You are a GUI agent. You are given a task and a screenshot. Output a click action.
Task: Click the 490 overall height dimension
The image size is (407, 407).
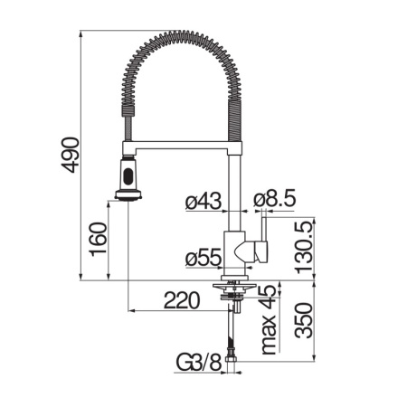click(x=71, y=155)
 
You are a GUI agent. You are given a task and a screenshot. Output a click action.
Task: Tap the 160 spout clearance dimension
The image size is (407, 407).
click(x=99, y=240)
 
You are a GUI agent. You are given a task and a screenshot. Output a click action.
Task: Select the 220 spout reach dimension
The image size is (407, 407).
click(x=182, y=300)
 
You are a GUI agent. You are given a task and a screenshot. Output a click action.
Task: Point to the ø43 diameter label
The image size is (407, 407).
click(x=203, y=201)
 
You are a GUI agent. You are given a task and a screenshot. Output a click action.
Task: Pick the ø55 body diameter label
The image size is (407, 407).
click(x=203, y=259)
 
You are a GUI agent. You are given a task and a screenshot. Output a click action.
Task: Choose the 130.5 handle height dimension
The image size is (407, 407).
click(x=305, y=247)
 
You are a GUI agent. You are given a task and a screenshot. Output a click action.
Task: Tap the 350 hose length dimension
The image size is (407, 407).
click(x=304, y=320)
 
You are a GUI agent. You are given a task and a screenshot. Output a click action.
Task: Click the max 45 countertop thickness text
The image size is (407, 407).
click(x=269, y=319)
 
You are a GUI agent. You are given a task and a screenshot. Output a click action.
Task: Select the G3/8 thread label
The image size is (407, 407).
click(x=199, y=363)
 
